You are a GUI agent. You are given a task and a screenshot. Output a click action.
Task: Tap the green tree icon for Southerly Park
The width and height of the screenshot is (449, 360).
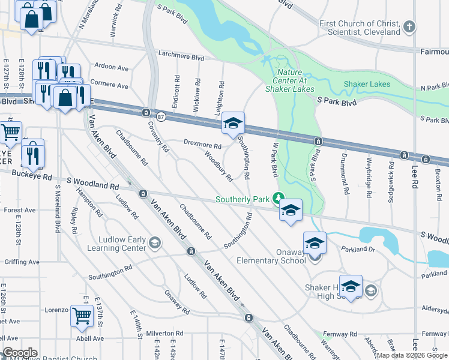pos(278,197)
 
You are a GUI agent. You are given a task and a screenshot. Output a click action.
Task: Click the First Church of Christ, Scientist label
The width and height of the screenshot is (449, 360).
pos(360,28)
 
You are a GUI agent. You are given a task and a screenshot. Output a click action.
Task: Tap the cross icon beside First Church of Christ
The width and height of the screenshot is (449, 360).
pos(409,26)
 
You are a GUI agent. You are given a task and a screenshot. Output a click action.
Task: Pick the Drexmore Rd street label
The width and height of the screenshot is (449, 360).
pos(202,145)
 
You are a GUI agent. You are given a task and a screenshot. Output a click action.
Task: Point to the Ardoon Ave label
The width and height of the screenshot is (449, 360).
pos(112,68)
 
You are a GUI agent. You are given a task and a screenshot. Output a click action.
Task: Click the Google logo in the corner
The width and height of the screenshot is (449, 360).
pos(20,353)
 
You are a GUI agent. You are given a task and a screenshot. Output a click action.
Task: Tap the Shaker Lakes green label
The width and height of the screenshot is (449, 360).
pos(367,84)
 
